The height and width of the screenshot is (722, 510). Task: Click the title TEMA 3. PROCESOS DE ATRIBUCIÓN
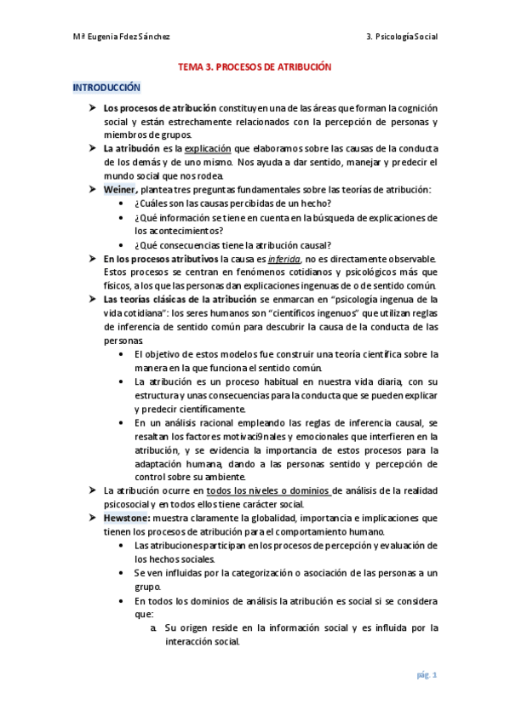254,66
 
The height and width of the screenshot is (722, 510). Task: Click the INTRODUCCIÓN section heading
106,87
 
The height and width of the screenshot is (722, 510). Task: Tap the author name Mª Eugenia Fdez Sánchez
121,36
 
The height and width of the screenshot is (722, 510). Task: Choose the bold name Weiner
119,189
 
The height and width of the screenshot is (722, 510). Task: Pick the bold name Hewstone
127,517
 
